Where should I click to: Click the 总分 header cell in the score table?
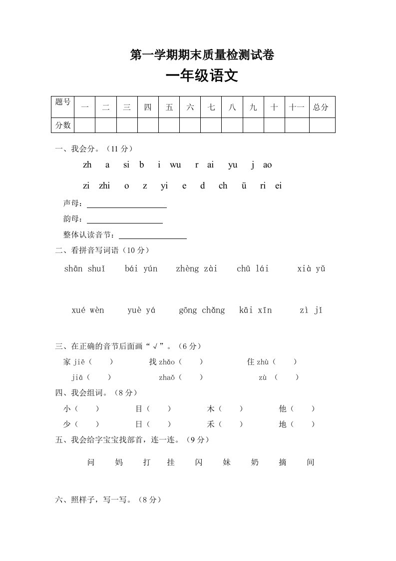pyautogui.click(x=321, y=107)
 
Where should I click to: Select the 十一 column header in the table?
pyautogui.click(x=296, y=107)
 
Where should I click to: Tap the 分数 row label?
pyautogui.click(x=63, y=125)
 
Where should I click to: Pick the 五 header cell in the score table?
pyautogui.click(x=169, y=107)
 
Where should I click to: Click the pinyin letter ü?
pyautogui.click(x=244, y=186)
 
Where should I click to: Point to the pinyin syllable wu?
pyautogui.click(x=175, y=165)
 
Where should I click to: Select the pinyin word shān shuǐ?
pyautogui.click(x=85, y=269)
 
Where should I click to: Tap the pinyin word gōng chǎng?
pyautogui.click(x=202, y=310)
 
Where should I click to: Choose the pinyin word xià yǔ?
pyautogui.click(x=311, y=269)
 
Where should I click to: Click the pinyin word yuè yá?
pyautogui.click(x=141, y=310)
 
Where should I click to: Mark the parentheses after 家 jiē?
pyautogui.click(x=101, y=361)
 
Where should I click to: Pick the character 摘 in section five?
pyautogui.click(x=283, y=462)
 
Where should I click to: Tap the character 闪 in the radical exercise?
pyautogui.click(x=199, y=462)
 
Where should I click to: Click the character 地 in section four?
pyautogui.click(x=283, y=424)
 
